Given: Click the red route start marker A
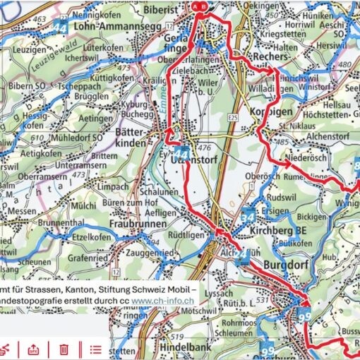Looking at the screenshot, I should (196, 6).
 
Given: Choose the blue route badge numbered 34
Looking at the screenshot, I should (247, 217).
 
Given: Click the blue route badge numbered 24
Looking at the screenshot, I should (243, 253).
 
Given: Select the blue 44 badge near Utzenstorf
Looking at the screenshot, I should (181, 154).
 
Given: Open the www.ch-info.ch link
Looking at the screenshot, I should (163, 300).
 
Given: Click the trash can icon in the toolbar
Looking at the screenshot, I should (64, 349).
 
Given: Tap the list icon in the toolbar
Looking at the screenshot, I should (96, 349).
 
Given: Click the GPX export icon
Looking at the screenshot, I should (32, 349).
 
